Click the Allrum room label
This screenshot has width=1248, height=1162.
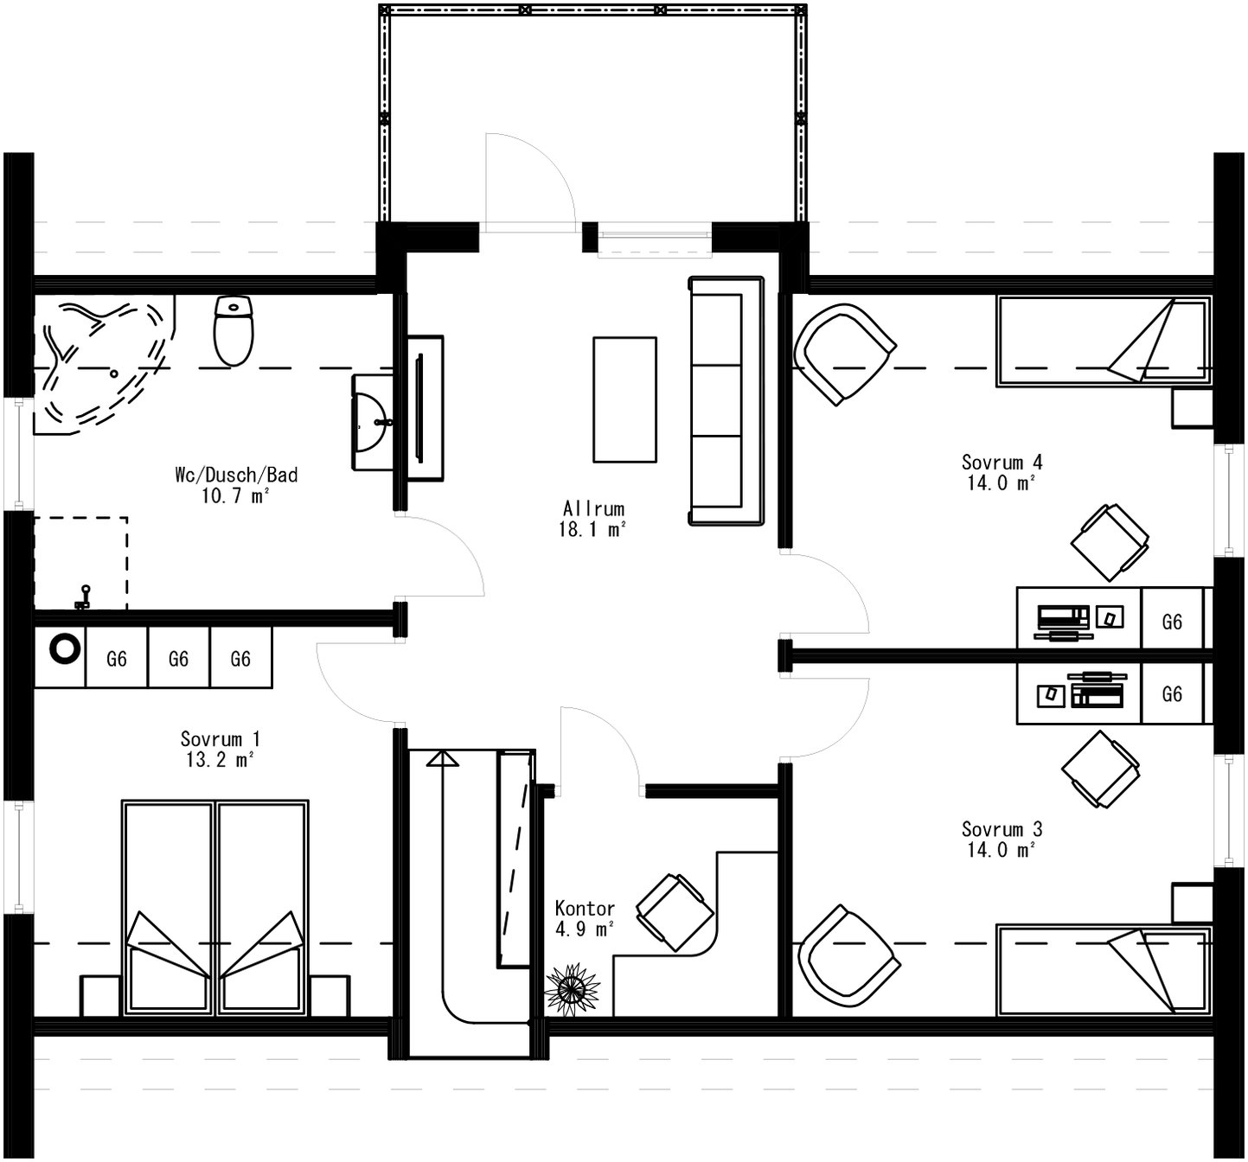coord(593,508)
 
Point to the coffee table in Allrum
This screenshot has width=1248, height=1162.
coord(624,399)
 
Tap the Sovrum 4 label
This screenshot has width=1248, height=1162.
coord(1002,463)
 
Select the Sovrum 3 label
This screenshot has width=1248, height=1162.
coord(1002,829)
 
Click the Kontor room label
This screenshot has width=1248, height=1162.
coord(585,909)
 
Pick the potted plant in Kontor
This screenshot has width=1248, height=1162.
coord(572,989)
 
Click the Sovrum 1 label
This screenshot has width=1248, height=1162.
coord(220,739)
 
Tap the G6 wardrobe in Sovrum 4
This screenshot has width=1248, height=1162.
coord(1172,622)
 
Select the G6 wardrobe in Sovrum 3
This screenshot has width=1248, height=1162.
coord(1172,694)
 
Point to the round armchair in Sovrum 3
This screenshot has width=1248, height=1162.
coord(847,956)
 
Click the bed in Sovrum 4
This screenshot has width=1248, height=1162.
coord(1103,342)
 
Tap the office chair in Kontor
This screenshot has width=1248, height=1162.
coord(675,913)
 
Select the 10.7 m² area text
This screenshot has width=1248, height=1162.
coord(235,496)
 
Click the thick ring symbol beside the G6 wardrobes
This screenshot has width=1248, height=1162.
coord(65,649)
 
